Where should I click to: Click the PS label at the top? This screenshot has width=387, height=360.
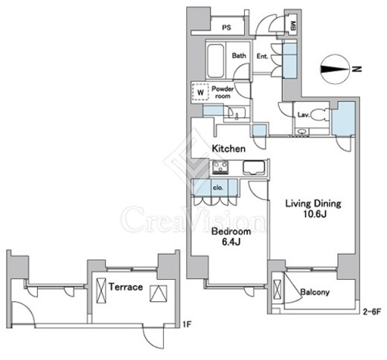[x=226, y=28]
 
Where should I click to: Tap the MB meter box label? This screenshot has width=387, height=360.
[x=292, y=26]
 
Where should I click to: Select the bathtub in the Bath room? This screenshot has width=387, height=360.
[x=216, y=61]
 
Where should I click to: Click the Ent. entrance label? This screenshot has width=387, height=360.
[x=263, y=57]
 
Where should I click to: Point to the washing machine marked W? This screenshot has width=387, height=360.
[x=200, y=91]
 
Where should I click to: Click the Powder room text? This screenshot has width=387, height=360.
[x=223, y=92]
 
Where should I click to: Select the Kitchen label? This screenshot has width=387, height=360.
[x=228, y=149]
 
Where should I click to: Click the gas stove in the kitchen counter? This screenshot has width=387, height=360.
[x=220, y=167]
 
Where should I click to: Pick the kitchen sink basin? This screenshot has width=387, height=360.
[x=254, y=167]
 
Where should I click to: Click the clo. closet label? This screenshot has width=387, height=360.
[x=218, y=187]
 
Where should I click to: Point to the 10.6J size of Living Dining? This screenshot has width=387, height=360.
[x=314, y=214]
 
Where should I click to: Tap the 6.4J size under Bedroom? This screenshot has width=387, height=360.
[x=231, y=242]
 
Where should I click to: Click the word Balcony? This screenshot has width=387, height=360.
[x=315, y=292]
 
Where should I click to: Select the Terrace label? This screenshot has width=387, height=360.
[x=126, y=287]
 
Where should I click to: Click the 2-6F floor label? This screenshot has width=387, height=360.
[x=371, y=312]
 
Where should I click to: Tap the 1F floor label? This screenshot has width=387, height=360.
[x=187, y=324]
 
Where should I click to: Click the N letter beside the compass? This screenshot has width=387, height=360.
[x=357, y=69]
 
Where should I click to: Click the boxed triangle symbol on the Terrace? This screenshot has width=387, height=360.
[x=159, y=294]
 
